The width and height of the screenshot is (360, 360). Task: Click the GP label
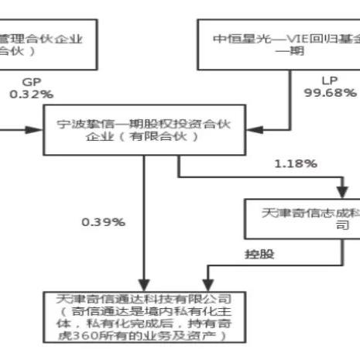click(x=31, y=81)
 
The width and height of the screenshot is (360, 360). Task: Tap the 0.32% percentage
click(x=31, y=94)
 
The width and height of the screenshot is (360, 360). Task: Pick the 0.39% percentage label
click(x=104, y=222)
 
